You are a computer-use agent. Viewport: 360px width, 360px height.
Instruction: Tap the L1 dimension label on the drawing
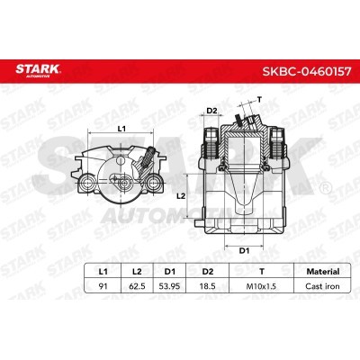(122, 129)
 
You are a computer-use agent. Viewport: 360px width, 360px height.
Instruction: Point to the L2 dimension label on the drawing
(181, 195)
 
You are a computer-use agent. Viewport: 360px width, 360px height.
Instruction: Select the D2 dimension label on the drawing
(212, 111)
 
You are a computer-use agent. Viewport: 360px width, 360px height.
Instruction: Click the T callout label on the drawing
(260, 100)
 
